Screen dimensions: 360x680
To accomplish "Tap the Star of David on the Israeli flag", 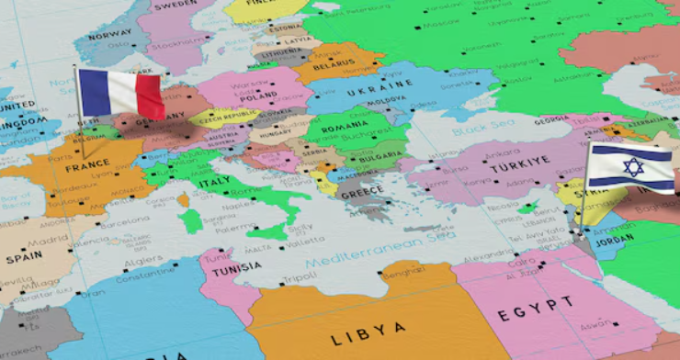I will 632,166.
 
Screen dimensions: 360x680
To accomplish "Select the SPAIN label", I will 25,258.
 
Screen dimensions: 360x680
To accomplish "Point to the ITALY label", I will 215,182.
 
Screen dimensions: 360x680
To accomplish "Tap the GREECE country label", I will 361,194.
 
